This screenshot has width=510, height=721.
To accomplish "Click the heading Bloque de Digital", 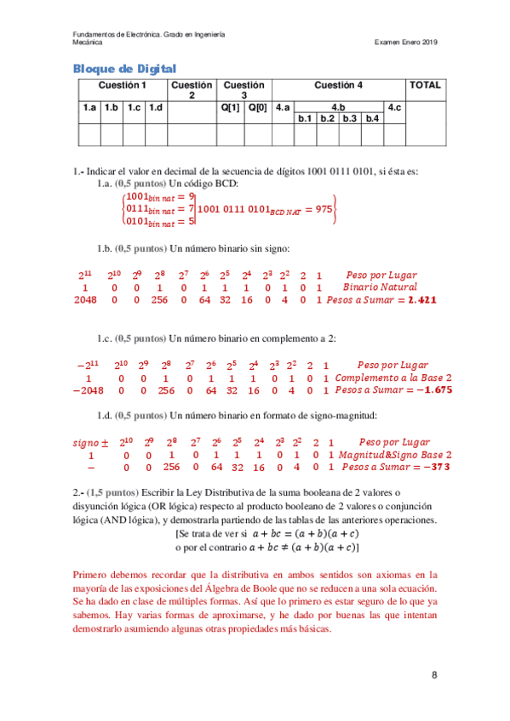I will tap(124, 68).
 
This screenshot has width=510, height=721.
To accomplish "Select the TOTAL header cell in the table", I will tap(425, 85).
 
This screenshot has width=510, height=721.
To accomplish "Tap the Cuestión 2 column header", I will tap(192, 90).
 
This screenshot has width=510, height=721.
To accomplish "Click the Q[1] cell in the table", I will tap(231, 107).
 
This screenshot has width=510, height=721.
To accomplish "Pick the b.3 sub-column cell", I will tap(349, 118).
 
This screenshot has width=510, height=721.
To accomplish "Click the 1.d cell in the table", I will tap(155, 107).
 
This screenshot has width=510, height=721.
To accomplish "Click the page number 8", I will tap(434, 675).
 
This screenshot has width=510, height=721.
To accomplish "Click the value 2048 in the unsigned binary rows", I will tap(86, 299).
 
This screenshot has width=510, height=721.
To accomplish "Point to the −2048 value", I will tap(87, 390).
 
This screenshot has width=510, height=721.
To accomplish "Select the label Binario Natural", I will tap(381, 287).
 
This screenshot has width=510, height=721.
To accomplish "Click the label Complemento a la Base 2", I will tap(393, 378).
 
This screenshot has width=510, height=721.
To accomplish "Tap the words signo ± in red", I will tap(89, 442).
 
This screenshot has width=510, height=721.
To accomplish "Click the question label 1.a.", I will tap(105, 184).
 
